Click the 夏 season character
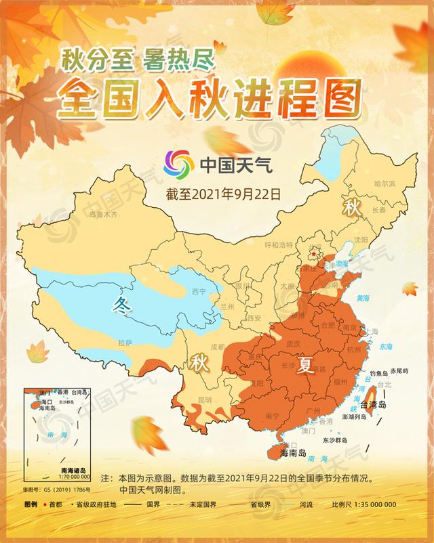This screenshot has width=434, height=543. [307, 366]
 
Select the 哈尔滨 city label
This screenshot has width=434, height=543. [384, 183]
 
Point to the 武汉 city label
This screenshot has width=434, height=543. [293, 344]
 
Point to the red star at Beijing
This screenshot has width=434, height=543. [313, 255]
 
